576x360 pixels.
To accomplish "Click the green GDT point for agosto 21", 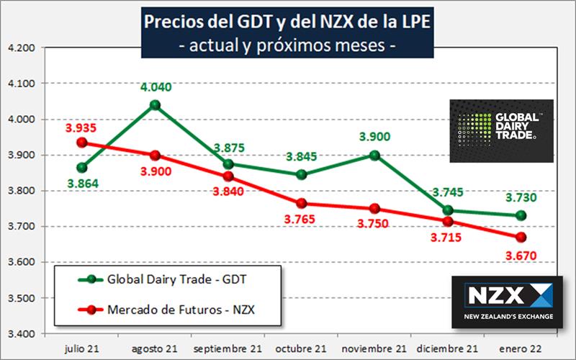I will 154,105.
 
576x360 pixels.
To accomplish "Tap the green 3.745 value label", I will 448,192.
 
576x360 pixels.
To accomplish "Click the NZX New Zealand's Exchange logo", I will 505,302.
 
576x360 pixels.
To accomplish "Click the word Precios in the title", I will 173,22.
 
